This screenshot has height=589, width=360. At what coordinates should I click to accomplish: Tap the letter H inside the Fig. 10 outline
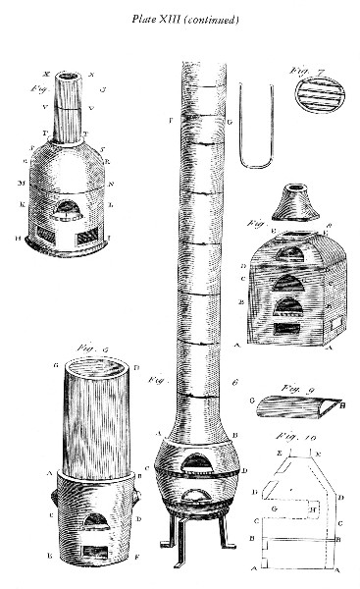pos(311,509)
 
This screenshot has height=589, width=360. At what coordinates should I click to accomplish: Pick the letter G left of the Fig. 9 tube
pos(254,401)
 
